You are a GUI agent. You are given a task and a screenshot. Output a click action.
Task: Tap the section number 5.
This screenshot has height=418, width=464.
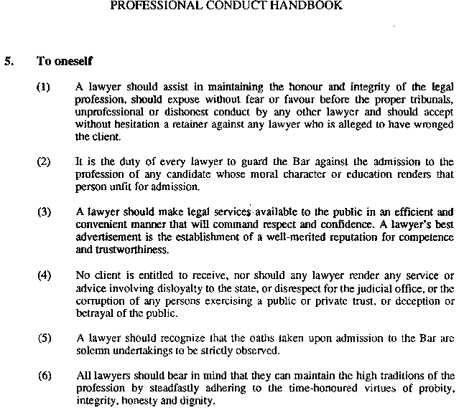pyautogui.click(x=8, y=62)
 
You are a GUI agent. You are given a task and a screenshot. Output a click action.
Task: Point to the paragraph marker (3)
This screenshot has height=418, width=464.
pyautogui.click(x=44, y=212)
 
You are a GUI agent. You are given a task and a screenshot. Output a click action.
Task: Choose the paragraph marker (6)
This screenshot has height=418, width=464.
pyautogui.click(x=44, y=375)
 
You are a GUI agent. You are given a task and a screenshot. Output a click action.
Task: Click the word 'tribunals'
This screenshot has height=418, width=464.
pyautogui.click(x=431, y=100)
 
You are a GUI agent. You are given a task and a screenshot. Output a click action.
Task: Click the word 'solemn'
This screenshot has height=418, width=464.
pyautogui.click(x=93, y=351)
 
